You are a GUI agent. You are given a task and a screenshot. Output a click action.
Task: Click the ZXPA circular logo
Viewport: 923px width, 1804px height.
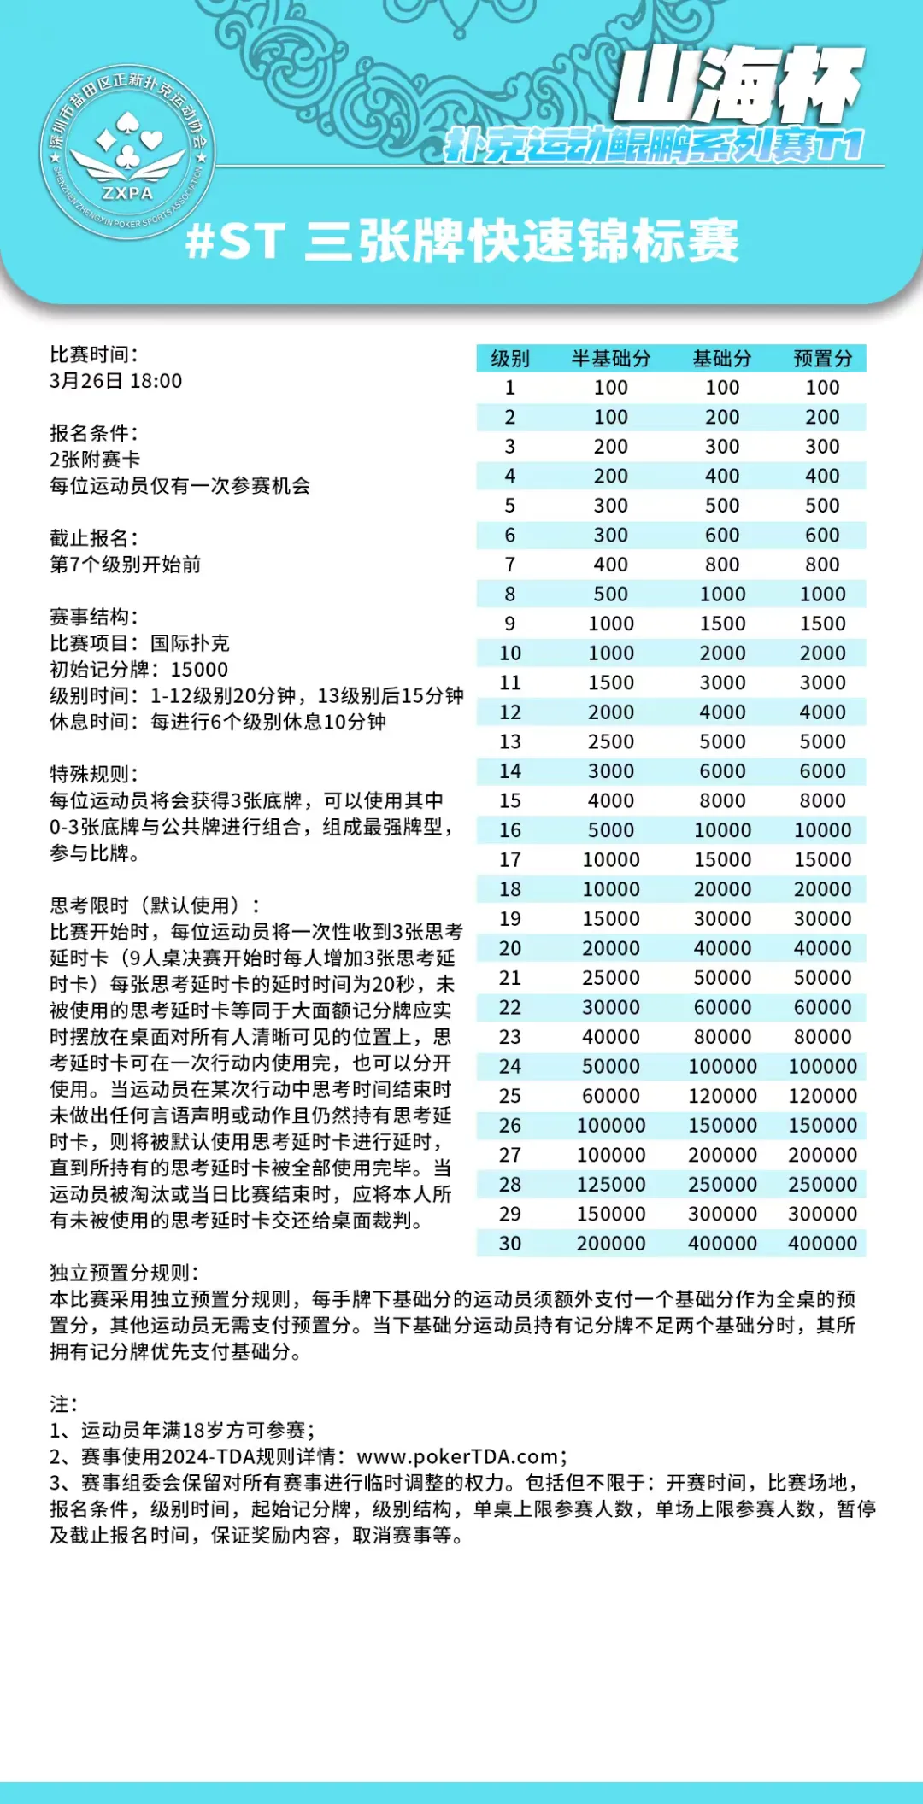click(127, 152)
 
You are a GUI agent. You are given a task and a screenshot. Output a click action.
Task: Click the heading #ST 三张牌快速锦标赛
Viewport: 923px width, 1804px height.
click(462, 241)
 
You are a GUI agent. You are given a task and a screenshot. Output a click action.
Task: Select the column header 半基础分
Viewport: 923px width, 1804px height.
click(611, 359)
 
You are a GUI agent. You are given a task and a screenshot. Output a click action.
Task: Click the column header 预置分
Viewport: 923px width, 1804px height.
click(822, 359)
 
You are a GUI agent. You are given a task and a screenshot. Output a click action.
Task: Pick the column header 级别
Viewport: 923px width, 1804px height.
click(510, 359)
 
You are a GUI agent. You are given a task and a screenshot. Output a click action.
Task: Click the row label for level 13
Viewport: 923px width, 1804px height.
click(510, 741)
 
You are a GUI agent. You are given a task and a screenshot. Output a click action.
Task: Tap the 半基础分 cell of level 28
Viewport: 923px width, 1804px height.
click(611, 1185)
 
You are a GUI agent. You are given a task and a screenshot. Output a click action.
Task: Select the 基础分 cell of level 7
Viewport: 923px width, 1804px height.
click(722, 565)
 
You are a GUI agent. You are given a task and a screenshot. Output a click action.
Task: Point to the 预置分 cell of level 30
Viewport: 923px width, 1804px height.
click(822, 1244)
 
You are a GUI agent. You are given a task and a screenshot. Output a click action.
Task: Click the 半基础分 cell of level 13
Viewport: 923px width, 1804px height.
click(611, 741)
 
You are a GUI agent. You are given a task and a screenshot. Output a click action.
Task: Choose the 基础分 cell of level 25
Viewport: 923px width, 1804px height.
click(722, 1096)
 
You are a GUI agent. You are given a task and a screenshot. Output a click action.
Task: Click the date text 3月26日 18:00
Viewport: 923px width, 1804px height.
click(116, 381)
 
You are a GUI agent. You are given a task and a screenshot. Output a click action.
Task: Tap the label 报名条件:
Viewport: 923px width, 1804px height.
click(94, 433)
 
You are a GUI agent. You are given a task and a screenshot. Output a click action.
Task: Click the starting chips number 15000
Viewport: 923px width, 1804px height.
click(200, 670)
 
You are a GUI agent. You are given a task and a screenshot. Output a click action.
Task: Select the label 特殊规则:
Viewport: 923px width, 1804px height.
click(94, 775)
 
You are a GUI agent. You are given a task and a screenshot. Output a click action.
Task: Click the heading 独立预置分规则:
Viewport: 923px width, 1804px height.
click(124, 1273)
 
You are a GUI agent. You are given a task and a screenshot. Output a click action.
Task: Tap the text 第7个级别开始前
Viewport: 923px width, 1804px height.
click(126, 565)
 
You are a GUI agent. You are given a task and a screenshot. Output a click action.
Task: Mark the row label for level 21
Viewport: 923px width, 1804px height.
click(510, 978)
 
